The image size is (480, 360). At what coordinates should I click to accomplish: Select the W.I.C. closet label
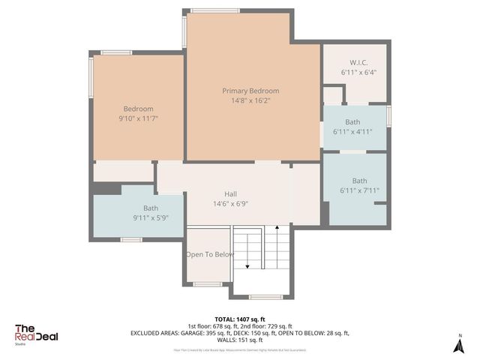click(358, 62)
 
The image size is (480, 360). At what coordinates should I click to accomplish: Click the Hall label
click(230, 193)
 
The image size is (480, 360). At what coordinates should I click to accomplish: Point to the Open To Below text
click(210, 254)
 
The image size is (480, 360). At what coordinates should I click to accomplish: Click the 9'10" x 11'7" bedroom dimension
click(138, 118)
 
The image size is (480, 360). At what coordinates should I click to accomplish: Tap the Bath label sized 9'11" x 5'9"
click(151, 208)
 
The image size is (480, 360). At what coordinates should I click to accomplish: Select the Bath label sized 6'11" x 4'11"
click(352, 122)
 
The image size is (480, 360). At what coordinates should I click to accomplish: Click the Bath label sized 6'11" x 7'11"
click(360, 181)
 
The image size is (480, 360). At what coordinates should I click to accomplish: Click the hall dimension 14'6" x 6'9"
click(230, 202)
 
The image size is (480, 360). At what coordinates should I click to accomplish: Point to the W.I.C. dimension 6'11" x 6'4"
click(358, 73)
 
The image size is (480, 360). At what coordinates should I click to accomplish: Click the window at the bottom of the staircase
click(265, 296)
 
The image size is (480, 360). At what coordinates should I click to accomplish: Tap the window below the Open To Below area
click(207, 283)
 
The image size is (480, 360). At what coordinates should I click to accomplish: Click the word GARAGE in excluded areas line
click(196, 333)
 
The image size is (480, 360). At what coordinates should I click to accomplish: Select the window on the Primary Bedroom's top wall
click(214, 10)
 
